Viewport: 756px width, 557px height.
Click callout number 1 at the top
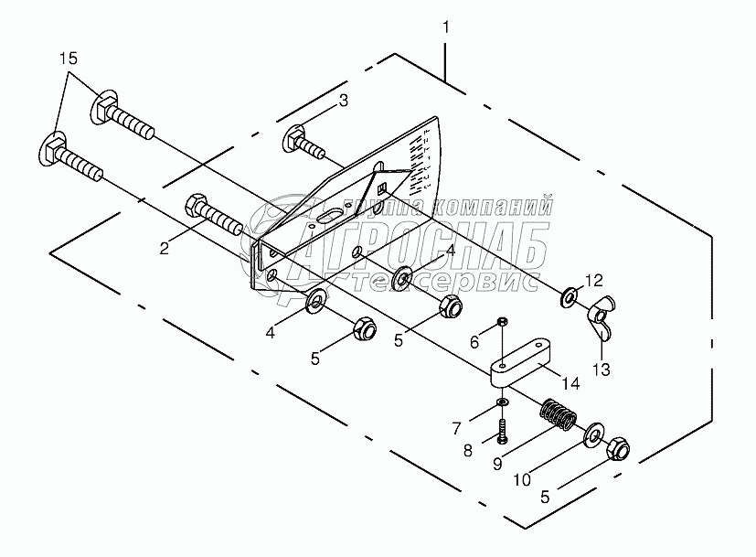tap(445, 28)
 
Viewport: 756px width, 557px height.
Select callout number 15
tap(69, 59)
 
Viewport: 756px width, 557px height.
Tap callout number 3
tap(343, 102)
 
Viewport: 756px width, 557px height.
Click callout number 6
tap(474, 340)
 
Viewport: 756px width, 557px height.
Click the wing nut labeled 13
tap(599, 316)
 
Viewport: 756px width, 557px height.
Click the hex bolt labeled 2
tap(215, 216)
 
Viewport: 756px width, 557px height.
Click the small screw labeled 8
tap(503, 426)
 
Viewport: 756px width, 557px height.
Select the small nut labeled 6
tap(502, 321)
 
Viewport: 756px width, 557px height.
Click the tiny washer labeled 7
tap(503, 402)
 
